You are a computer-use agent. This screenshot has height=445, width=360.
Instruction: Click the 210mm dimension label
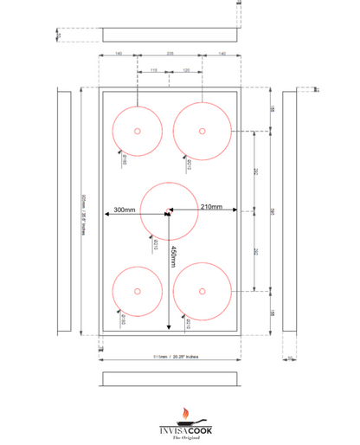tap(212, 208)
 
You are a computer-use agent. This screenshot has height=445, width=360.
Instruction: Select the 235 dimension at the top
tap(170, 54)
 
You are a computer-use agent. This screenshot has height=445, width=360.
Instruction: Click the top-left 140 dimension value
tap(119, 54)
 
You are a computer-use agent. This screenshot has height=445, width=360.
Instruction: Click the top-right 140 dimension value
tap(222, 54)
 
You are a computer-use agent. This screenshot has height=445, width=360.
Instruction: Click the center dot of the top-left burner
tap(137, 132)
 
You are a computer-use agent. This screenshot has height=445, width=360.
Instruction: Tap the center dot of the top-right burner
tap(202, 132)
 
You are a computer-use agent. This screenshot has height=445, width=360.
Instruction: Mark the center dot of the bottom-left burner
tap(137, 291)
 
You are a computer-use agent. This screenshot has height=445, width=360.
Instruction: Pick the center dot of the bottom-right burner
tap(202, 291)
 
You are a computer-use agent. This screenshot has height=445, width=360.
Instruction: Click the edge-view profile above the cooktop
tap(170, 34)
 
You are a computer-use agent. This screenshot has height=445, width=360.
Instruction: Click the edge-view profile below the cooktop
tap(170, 379)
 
